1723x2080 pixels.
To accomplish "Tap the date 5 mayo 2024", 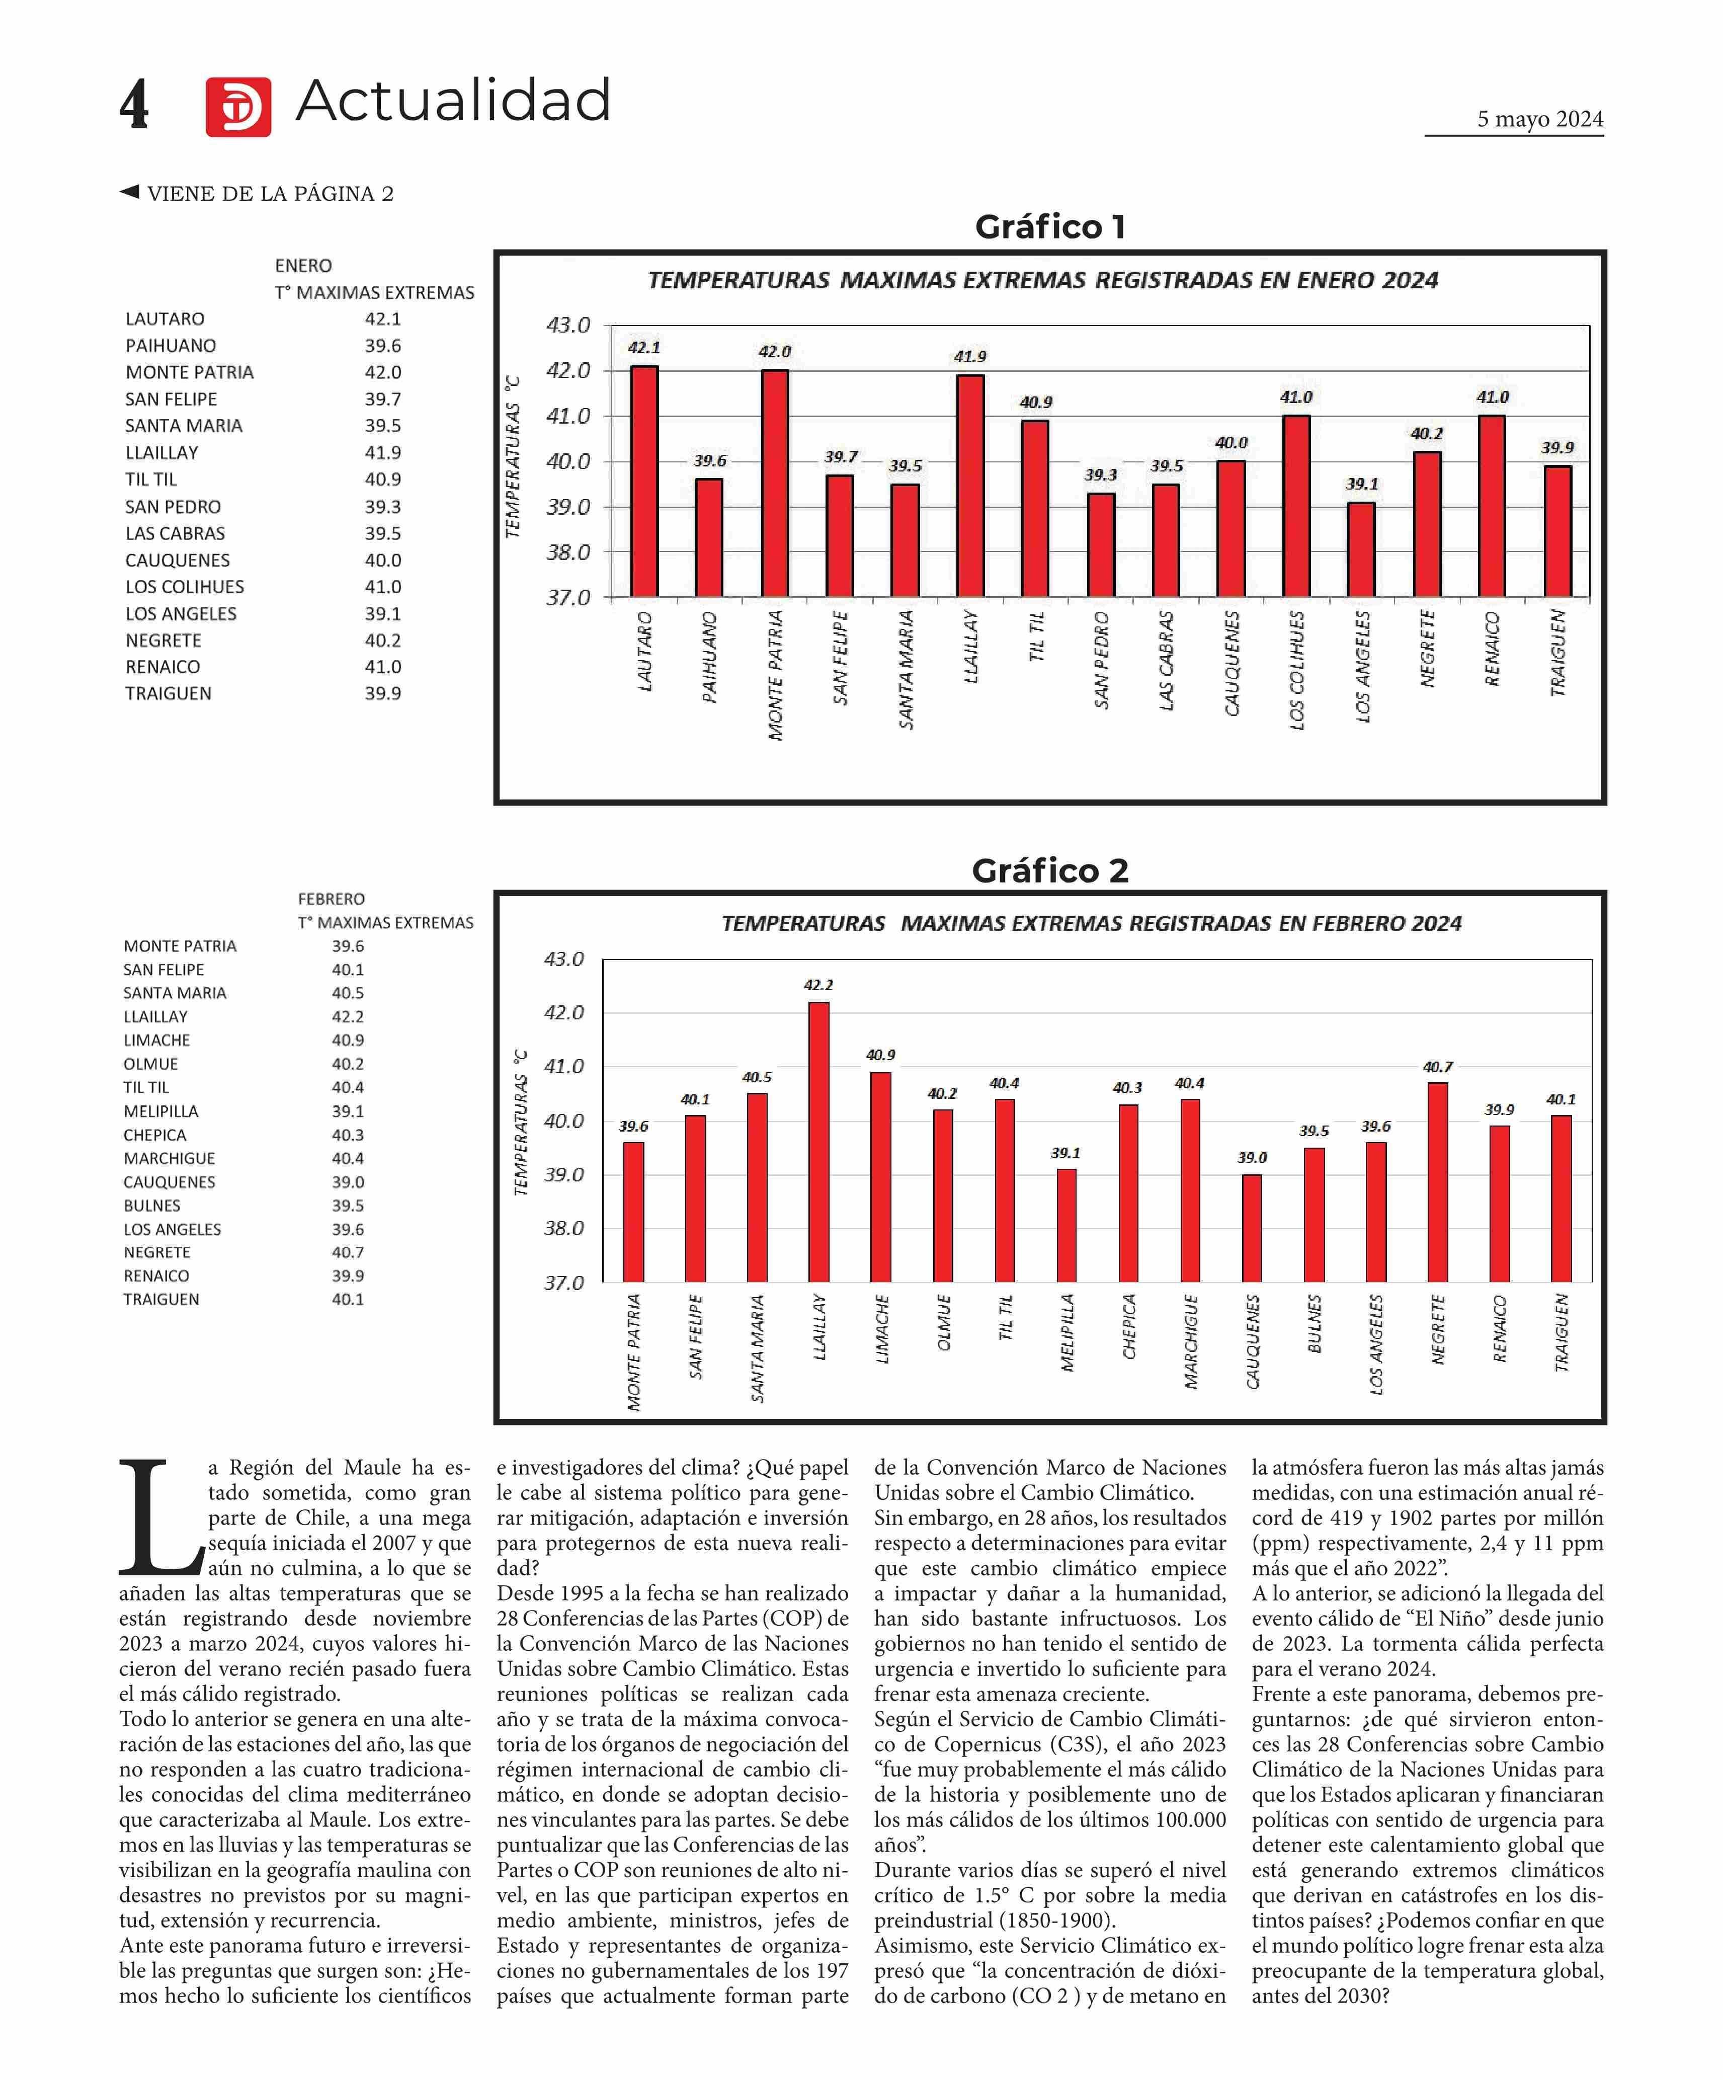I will (x=1540, y=119).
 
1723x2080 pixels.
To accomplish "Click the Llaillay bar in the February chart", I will (x=819, y=1142).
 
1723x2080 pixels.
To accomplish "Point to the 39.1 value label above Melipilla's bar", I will (x=1065, y=1153).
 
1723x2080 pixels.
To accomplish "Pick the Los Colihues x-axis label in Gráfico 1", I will (x=1297, y=671).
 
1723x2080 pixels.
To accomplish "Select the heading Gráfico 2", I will (x=1049, y=870).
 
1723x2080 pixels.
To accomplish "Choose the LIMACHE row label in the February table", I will (x=156, y=1040).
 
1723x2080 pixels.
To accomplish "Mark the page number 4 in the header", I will (x=135, y=104).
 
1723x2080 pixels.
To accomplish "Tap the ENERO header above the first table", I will (x=303, y=266).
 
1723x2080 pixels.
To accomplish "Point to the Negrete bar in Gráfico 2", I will (x=1438, y=1182).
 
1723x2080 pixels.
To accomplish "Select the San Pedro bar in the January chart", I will (x=1101, y=546).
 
